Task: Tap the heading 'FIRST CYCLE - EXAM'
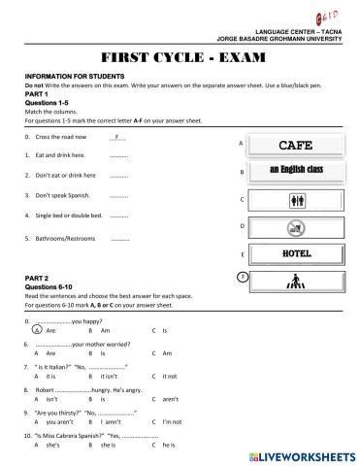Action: click(x=180, y=56)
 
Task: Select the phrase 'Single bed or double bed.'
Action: click(x=70, y=216)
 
